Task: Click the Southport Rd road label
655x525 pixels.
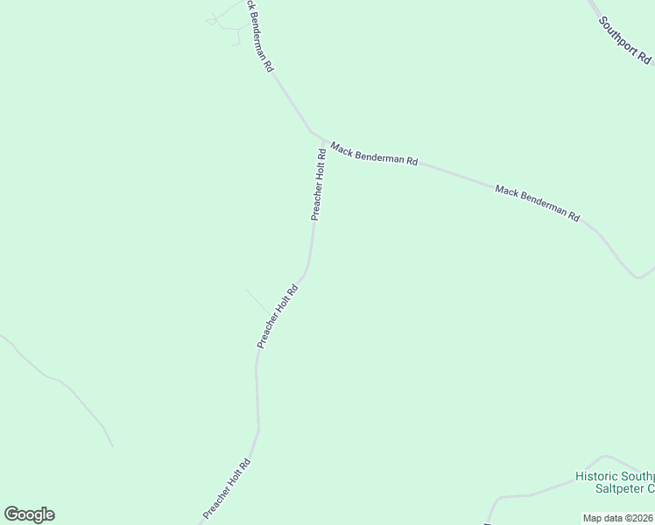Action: (625, 42)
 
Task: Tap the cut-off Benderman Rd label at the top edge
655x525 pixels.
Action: (260, 36)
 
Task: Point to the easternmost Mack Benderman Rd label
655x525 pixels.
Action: (538, 203)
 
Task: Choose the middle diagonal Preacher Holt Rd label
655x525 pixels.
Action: (278, 316)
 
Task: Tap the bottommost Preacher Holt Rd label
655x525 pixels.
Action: (227, 488)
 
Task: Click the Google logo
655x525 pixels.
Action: (29, 514)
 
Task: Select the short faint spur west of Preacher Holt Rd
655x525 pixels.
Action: (257, 301)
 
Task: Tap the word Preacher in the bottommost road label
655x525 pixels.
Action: (215, 502)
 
